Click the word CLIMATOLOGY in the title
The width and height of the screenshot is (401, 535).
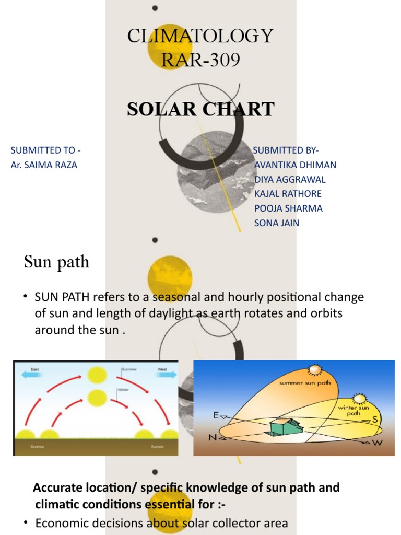[x=200, y=37]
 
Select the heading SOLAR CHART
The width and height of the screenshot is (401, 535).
[x=200, y=109]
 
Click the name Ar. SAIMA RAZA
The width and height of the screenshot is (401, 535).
[x=44, y=165]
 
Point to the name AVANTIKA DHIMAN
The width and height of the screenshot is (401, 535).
[x=295, y=165]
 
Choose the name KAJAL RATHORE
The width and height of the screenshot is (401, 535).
[x=288, y=194]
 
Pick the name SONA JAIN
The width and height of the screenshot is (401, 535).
[x=277, y=223]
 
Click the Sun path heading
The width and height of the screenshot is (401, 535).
[x=56, y=262]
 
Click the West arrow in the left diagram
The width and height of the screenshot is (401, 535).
[x=164, y=374]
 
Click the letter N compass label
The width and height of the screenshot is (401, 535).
[x=213, y=437]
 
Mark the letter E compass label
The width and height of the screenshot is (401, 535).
[x=215, y=415]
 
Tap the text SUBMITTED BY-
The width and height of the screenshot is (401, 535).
[x=286, y=150]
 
